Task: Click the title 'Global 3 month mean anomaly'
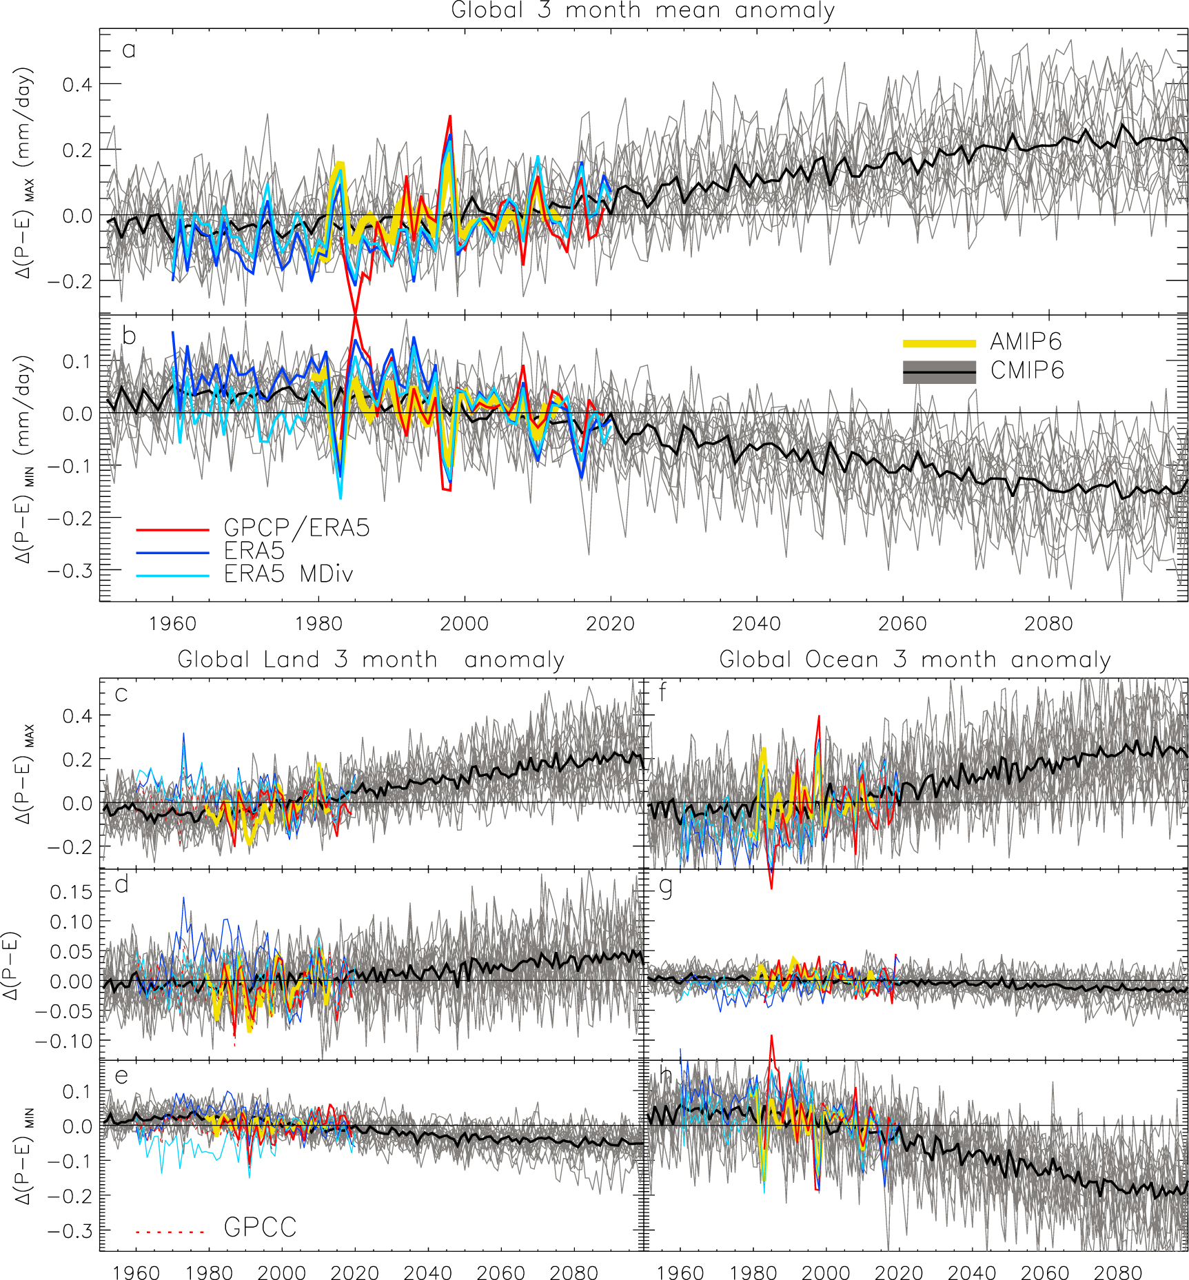point(642,11)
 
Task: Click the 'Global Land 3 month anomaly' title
point(371,659)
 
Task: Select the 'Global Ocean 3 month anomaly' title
point(915,659)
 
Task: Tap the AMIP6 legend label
point(1026,342)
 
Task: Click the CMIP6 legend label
point(1027,371)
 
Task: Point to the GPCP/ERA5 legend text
point(296,528)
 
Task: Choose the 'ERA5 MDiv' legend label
point(288,573)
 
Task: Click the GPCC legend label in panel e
point(260,1227)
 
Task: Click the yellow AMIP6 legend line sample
point(939,343)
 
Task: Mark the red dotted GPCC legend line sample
point(171,1231)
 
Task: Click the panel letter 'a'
point(128,50)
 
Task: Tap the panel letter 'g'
point(666,887)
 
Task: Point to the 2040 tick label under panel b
point(756,624)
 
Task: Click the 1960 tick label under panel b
point(172,624)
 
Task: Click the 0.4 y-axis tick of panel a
point(77,85)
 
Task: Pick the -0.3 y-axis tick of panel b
point(69,571)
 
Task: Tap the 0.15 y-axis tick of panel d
point(71,892)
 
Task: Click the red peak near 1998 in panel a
point(450,117)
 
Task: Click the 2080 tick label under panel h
point(1118,1272)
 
